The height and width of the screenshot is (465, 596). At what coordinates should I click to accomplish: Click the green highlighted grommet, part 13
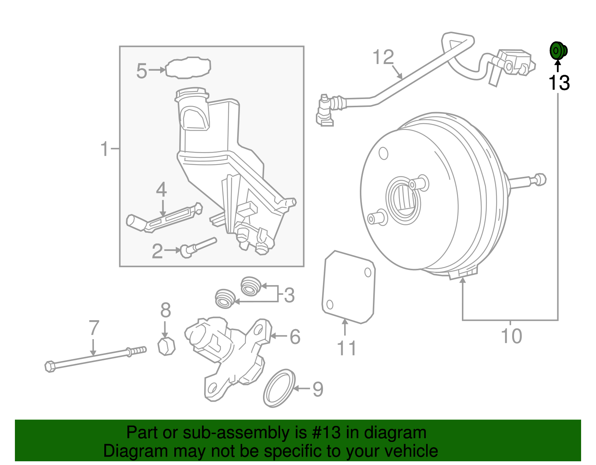click(558, 51)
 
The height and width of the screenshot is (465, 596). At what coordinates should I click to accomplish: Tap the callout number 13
click(559, 83)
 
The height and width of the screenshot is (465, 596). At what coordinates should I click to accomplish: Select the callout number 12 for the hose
click(383, 57)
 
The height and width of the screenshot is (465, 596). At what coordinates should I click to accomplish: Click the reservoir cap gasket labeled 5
click(188, 68)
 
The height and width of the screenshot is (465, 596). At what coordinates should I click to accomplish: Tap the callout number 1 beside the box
click(105, 149)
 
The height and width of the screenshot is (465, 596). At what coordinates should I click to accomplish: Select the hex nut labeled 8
click(166, 347)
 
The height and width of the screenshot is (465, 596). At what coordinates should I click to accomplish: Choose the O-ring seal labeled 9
click(279, 388)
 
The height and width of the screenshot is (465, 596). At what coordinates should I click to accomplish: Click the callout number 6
click(295, 337)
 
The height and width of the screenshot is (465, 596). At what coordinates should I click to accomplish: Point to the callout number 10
click(511, 336)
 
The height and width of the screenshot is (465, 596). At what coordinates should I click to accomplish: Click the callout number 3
click(289, 295)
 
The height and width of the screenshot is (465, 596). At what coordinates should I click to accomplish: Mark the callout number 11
click(346, 348)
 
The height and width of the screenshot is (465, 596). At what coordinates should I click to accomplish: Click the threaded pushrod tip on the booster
click(540, 179)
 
